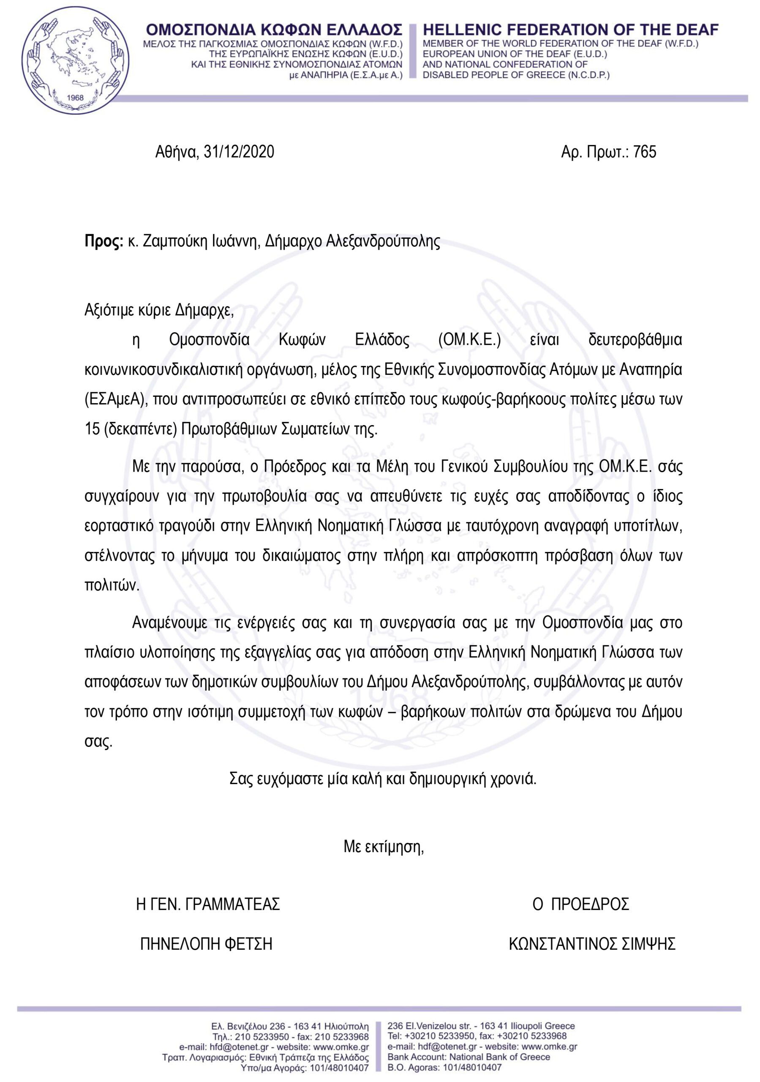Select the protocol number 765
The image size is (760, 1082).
[x=645, y=152]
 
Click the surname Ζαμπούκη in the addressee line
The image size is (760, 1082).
[x=159, y=241]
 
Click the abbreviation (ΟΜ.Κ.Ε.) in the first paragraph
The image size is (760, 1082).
[x=469, y=340]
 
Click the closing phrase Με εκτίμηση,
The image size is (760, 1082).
[x=384, y=847]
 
